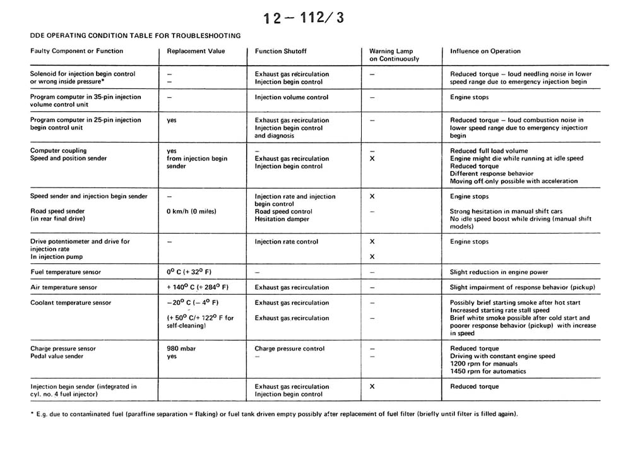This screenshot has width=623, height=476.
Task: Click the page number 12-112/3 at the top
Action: [x=304, y=17]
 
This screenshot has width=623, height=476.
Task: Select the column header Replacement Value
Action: [x=196, y=51]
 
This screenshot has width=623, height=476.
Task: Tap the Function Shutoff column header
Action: [x=281, y=51]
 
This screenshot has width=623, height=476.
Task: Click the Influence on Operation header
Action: [x=485, y=51]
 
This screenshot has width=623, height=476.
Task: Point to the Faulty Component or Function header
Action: [x=77, y=51]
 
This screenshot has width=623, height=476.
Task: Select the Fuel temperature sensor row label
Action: [x=66, y=272]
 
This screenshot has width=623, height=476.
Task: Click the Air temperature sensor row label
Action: [x=64, y=287]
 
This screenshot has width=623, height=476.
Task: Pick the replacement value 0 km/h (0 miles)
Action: [x=191, y=211]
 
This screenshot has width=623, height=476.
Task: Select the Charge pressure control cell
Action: [x=290, y=348]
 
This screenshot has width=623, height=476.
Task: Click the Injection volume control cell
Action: [x=292, y=98]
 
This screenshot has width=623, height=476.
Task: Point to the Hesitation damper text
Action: [x=282, y=219]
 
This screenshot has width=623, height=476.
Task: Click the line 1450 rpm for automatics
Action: [x=488, y=371]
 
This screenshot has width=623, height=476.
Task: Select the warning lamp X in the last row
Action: [x=372, y=386]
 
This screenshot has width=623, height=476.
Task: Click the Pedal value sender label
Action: [x=57, y=356]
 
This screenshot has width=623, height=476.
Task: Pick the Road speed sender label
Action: [x=57, y=211]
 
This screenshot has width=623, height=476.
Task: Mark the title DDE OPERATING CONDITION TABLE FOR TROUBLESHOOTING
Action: [x=135, y=35]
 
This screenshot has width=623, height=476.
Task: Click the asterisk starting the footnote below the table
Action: [x=32, y=414]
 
